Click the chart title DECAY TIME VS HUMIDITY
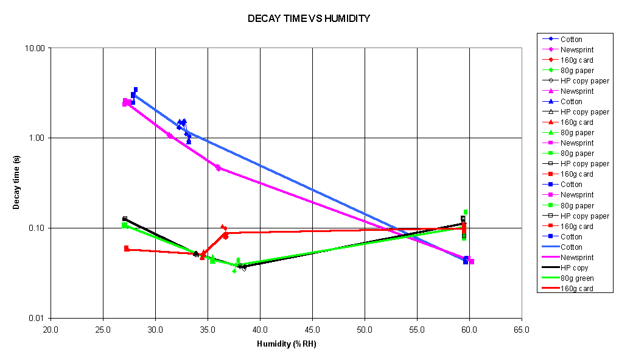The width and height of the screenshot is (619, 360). [x=309, y=19]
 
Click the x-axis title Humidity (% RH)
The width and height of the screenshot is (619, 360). [x=286, y=344]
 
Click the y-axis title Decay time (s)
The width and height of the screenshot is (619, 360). [x=16, y=182]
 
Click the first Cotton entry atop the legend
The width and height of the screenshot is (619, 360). [x=571, y=39]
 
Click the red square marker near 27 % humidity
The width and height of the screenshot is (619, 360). [x=127, y=249]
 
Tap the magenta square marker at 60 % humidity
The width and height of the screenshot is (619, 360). [x=472, y=261]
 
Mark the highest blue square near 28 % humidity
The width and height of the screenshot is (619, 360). [x=136, y=90]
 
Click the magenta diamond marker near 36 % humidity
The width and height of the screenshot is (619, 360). [x=218, y=168]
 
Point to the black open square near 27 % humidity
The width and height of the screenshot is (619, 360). [x=125, y=219]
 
